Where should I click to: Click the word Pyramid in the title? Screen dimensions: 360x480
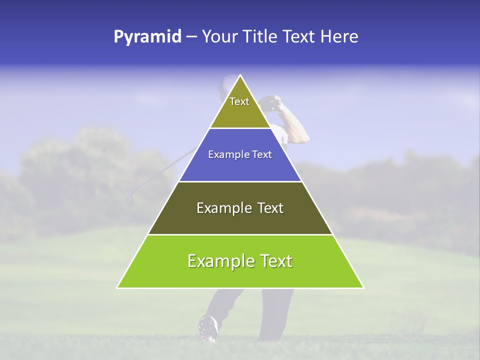coord(147,37)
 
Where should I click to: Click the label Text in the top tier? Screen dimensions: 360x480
coord(239,101)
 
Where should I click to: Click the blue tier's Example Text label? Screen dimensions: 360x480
coord(240,155)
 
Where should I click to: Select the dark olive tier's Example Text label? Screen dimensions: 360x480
coord(240,208)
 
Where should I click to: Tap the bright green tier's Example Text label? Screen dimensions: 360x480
coord(240,261)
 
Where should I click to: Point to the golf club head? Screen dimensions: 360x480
coord(130,198)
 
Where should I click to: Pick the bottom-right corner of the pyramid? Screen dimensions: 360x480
coord(363,287)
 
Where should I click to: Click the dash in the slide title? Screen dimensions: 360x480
coord(191,37)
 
